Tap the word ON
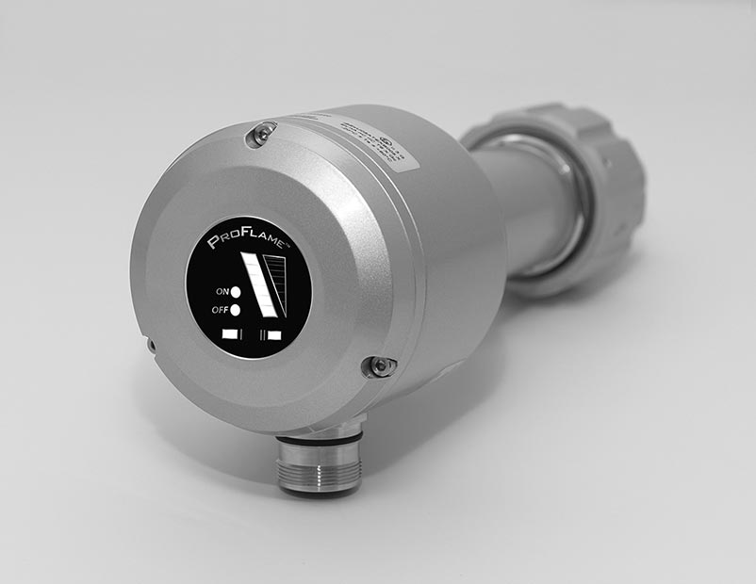coord(221,291)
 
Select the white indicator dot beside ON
coord(236,291)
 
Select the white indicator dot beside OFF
coord(236,310)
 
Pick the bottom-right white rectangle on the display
coord(274,334)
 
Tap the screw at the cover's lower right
coord(379,365)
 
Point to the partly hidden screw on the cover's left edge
coord(151,346)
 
